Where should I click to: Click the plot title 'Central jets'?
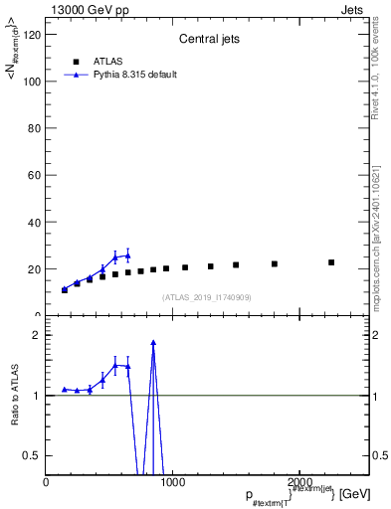207,40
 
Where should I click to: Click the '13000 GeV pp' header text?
83,8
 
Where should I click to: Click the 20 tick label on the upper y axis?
33,268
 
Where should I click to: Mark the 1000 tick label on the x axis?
171,483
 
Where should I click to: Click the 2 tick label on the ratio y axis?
36,335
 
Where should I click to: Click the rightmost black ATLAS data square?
331,262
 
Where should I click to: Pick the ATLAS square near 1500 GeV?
236,265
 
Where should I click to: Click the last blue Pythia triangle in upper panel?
127,255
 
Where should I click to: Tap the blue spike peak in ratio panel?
153,343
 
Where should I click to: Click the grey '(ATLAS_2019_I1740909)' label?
207,297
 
